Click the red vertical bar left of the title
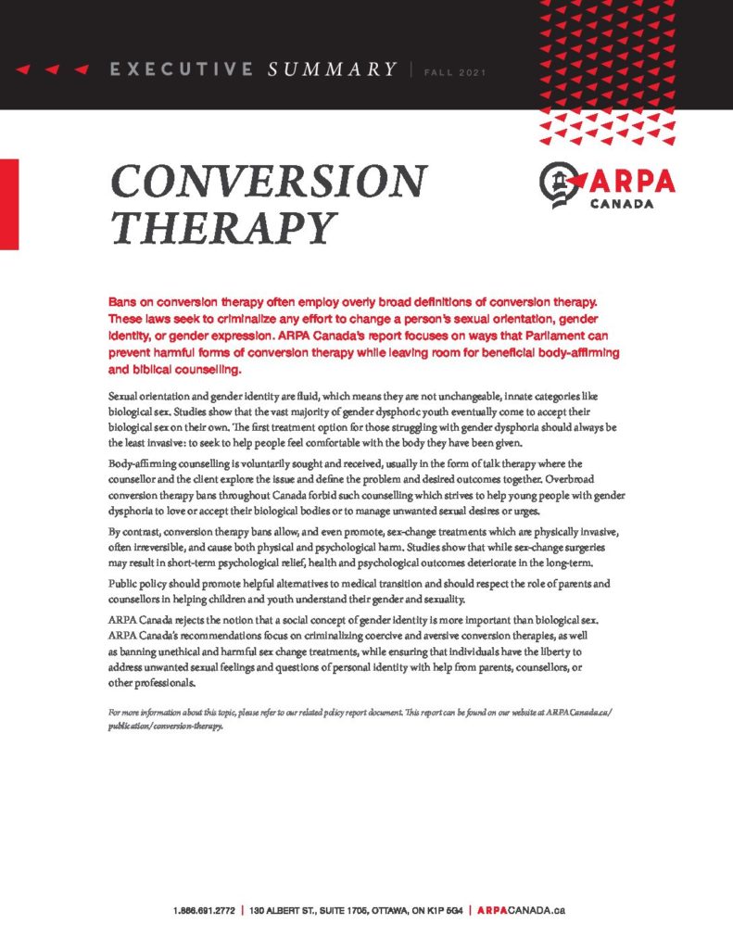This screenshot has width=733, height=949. (x=9, y=204)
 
